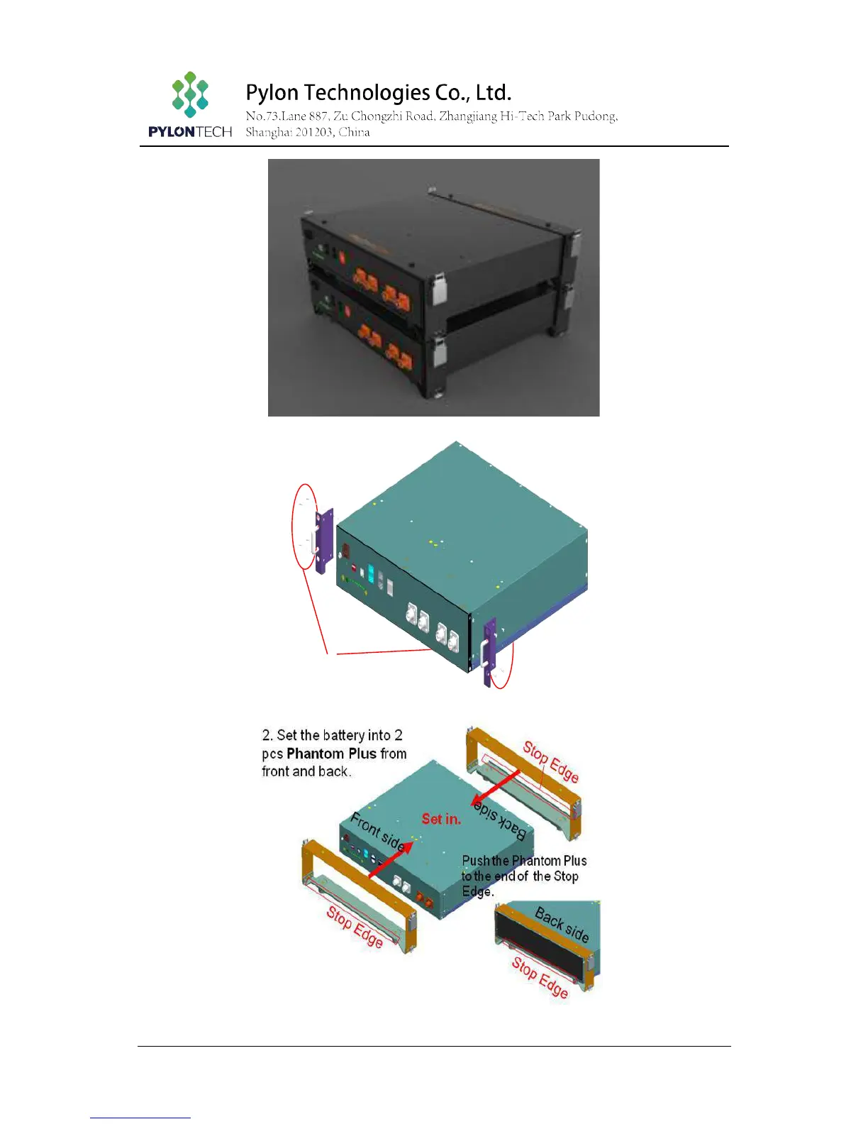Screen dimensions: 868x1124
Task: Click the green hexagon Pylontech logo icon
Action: point(190,94)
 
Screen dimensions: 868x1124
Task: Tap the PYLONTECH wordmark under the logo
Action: point(190,131)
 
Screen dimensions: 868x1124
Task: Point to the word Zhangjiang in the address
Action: point(467,116)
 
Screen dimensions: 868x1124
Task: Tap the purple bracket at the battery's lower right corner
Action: point(489,651)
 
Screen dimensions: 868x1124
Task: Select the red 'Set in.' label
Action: point(441,819)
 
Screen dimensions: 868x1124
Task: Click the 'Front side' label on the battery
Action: point(378,832)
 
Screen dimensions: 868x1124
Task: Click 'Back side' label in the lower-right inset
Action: point(562,924)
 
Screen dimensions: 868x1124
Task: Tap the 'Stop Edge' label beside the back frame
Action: point(551,761)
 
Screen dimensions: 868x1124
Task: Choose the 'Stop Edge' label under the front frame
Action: point(355,927)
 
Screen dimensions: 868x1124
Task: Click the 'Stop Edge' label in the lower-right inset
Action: point(540,977)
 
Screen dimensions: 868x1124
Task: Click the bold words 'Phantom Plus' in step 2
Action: point(331,754)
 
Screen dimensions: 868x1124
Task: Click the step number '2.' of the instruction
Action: point(267,735)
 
